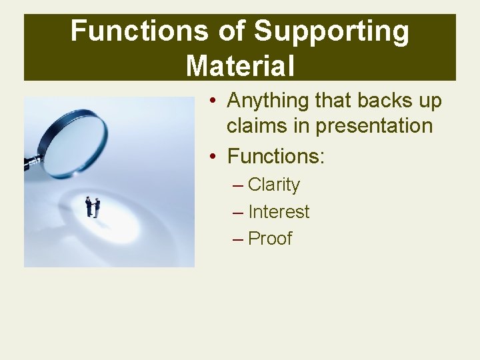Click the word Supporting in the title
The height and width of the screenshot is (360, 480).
click(331, 31)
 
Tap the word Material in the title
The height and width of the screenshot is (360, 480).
click(240, 65)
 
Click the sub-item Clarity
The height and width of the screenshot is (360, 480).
click(273, 185)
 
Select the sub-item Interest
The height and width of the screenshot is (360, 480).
click(279, 212)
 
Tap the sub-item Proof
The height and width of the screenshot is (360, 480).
click(269, 239)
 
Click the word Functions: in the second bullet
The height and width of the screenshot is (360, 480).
click(276, 157)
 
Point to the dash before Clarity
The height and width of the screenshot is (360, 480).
click(238, 185)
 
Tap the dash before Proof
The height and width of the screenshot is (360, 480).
click(238, 239)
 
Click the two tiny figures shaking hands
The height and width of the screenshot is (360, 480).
click(93, 207)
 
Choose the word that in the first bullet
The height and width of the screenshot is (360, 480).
click(331, 101)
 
